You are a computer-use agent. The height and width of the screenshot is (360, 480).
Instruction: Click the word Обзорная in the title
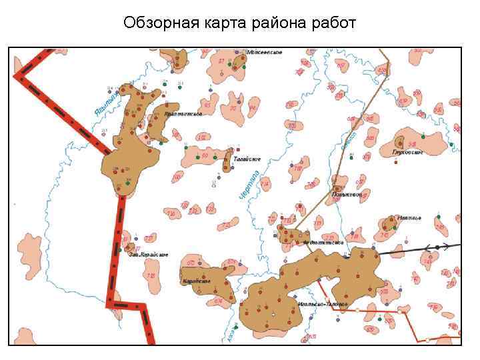click(x=155, y=24)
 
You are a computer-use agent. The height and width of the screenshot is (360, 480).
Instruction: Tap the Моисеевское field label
click(x=265, y=52)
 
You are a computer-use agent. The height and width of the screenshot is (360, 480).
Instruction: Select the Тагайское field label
click(x=247, y=159)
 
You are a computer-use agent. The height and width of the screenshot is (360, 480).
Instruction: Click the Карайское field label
click(x=196, y=281)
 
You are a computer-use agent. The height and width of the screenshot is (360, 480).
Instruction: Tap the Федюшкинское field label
click(x=323, y=242)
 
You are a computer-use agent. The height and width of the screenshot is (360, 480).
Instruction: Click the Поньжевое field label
click(x=347, y=194)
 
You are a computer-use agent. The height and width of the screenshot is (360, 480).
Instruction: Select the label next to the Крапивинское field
click(x=183, y=114)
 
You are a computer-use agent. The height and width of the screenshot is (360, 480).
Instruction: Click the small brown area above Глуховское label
click(x=399, y=141)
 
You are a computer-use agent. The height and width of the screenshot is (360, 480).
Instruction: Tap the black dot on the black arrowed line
click(x=437, y=247)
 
